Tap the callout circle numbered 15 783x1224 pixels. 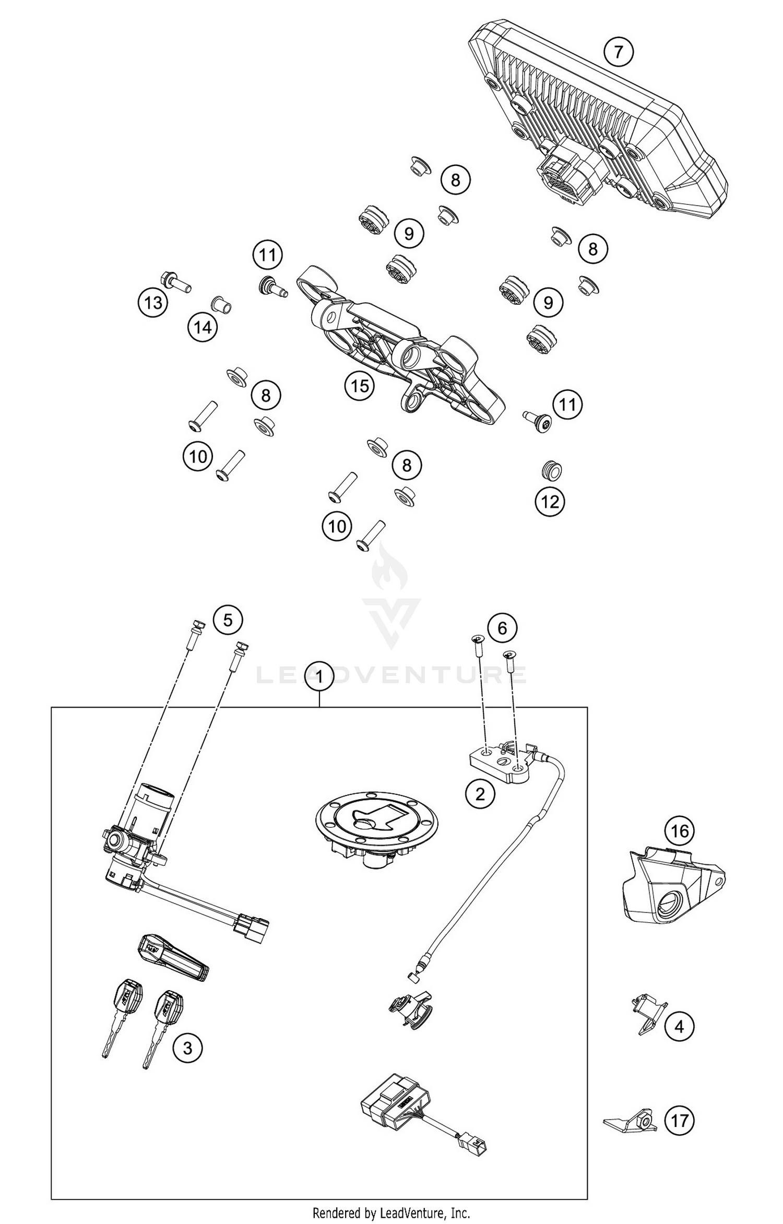point(360,386)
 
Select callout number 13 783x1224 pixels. point(153,302)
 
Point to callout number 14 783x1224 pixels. point(203,327)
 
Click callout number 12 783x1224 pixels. point(550,502)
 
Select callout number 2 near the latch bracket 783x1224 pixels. point(479,794)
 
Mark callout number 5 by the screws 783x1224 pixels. point(228,620)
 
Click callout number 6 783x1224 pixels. point(502,628)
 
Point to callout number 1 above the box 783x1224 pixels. point(319,677)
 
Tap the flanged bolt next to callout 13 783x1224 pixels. point(176,282)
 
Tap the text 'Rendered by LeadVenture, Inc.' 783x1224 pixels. point(391,1213)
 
